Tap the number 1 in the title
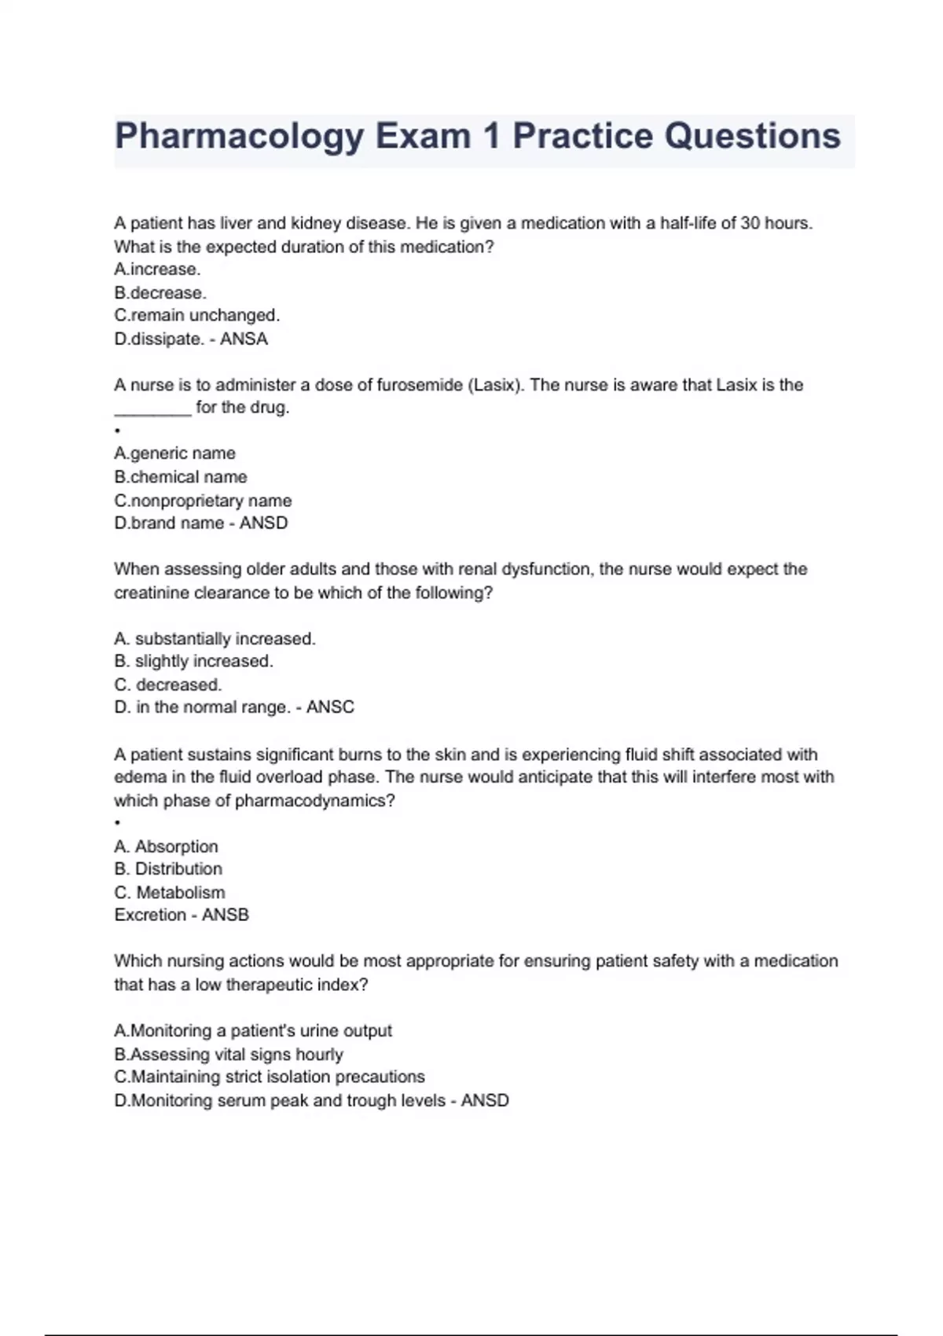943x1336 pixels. click(491, 136)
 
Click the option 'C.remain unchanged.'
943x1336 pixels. click(196, 315)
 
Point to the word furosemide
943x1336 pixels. click(420, 385)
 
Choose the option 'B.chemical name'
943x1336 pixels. click(180, 477)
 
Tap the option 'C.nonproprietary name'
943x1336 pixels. click(203, 501)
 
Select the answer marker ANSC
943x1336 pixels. click(330, 707)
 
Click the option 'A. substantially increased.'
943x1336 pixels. click(215, 639)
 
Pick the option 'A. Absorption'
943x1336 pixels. click(166, 846)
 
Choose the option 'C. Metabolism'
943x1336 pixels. click(169, 893)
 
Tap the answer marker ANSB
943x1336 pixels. click(226, 915)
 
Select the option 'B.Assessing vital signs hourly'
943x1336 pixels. click(228, 1054)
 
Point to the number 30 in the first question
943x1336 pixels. click(750, 223)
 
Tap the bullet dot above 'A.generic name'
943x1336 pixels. click(117, 431)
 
